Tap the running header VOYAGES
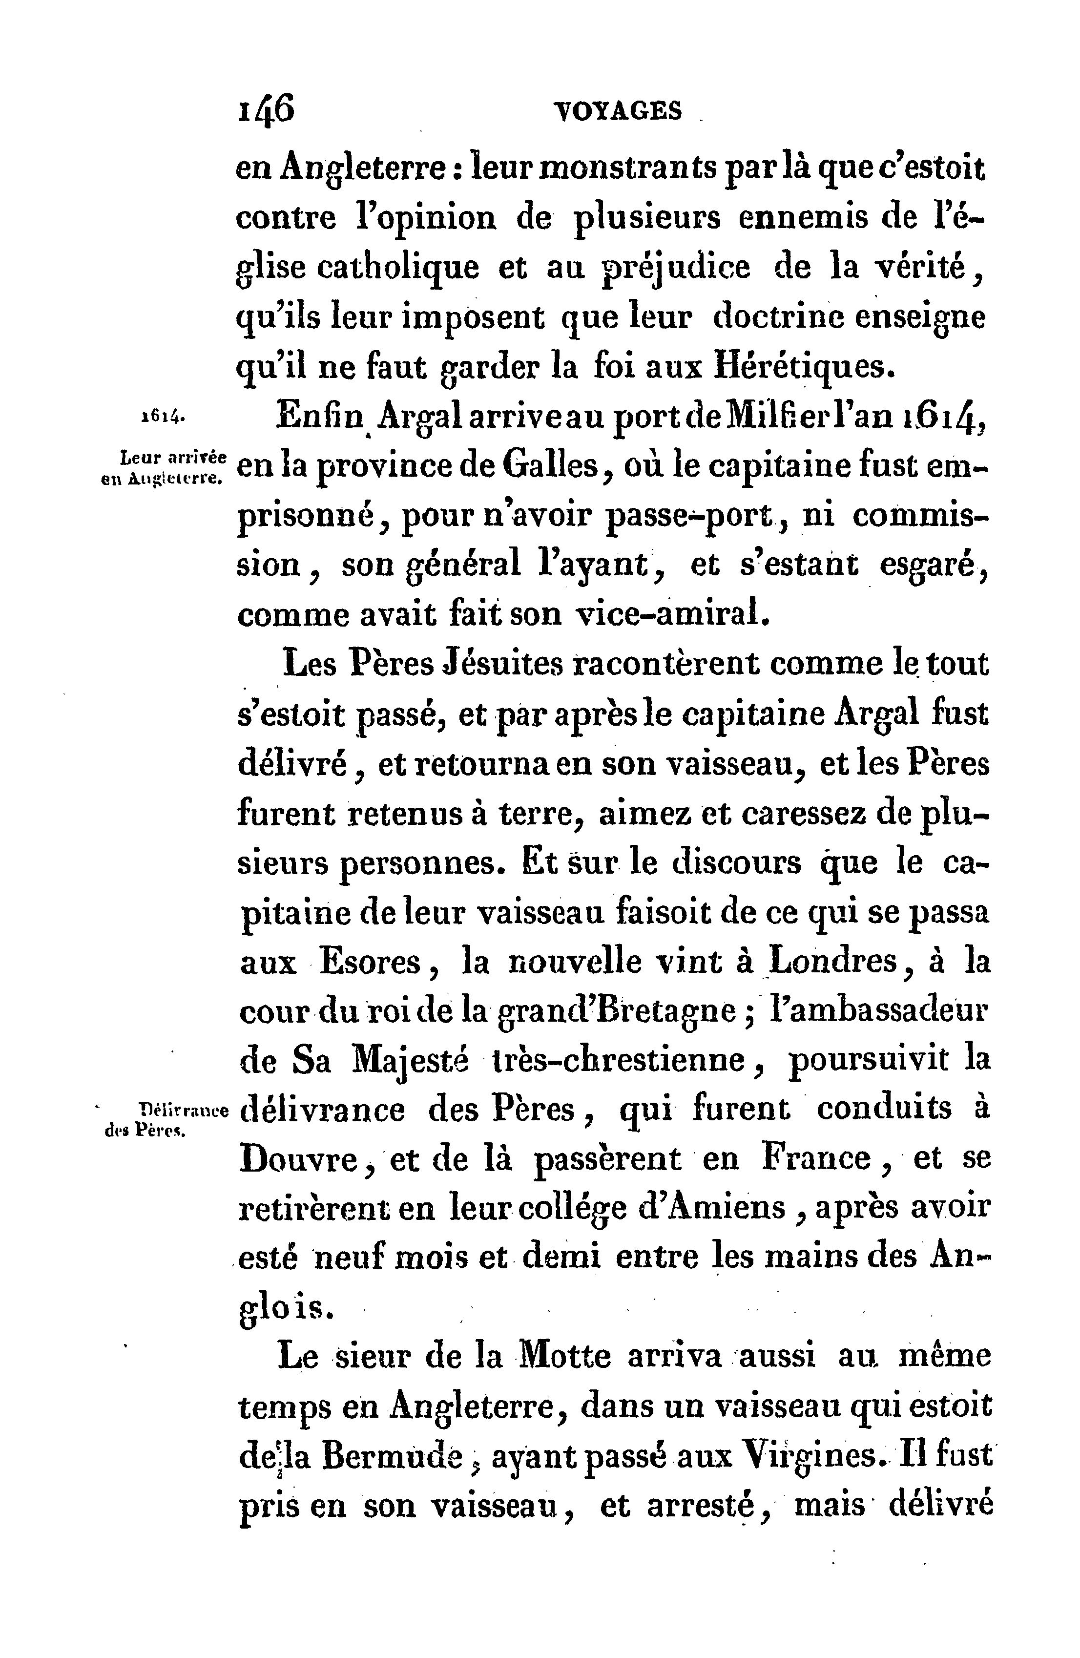617,111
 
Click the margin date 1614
162,417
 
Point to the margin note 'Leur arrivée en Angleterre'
165,467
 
